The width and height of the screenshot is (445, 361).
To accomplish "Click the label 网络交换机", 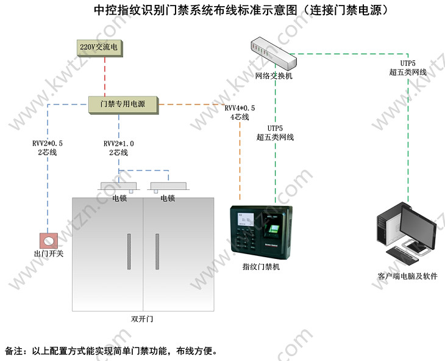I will point(274,76).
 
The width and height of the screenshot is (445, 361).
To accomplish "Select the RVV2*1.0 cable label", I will point(118,144).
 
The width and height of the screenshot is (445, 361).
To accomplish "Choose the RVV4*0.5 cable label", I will point(240,108).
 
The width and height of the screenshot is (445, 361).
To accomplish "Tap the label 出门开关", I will point(48,253).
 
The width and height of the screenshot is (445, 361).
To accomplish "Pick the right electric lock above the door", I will point(168,186).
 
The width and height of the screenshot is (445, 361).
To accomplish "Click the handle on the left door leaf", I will point(129,252).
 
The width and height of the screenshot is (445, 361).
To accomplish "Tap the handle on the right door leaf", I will point(157,252).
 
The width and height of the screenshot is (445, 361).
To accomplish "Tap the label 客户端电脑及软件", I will point(407,276).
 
